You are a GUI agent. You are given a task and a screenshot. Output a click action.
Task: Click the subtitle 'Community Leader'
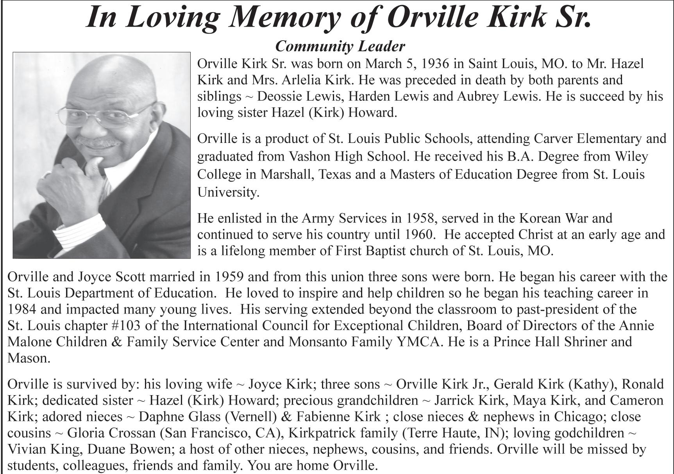[x=340, y=46]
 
